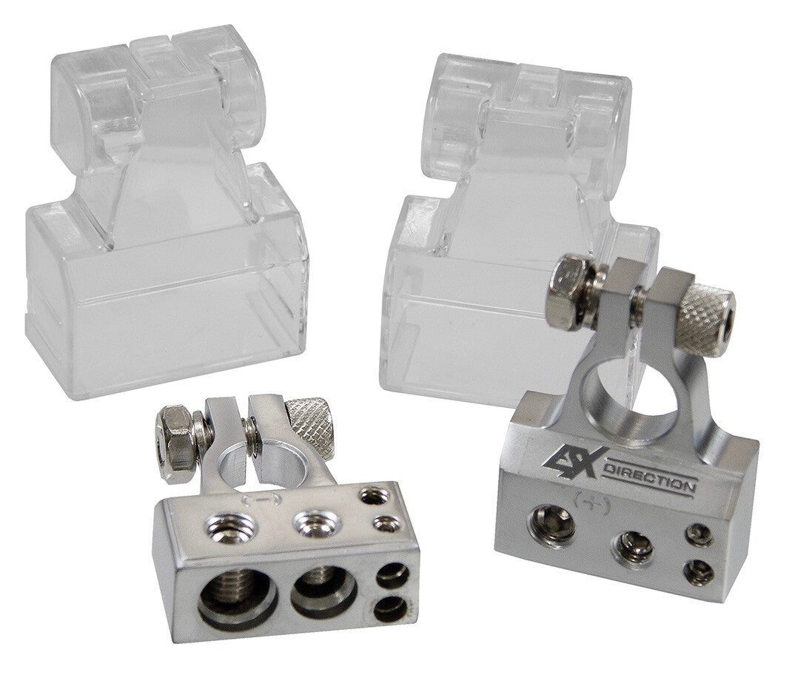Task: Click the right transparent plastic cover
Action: click(x=505, y=227)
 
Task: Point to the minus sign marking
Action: click(x=261, y=499)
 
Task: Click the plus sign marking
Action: click(x=592, y=503)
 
